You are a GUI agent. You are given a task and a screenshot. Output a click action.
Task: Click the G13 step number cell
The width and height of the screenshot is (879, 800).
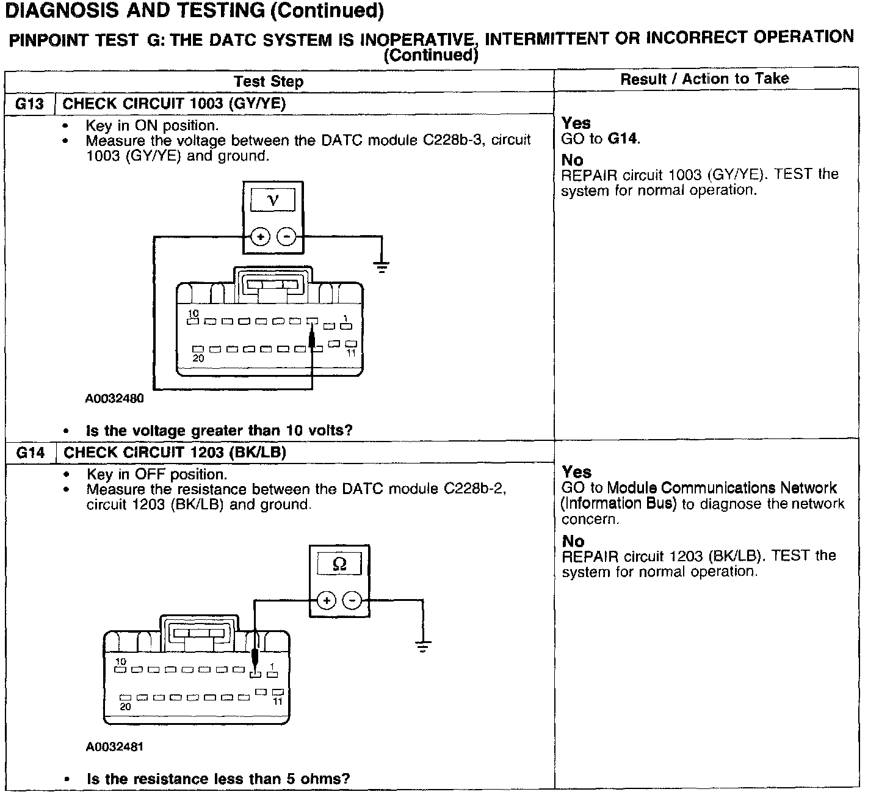coord(30,104)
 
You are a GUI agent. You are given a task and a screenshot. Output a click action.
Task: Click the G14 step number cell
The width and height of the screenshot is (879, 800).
coord(31,453)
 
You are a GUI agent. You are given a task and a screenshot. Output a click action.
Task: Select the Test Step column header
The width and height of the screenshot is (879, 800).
coord(269,81)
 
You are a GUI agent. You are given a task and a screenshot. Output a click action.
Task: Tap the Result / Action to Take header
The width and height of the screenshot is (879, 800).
coord(704,79)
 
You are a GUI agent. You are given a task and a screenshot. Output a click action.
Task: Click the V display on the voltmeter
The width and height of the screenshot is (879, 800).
coord(273,200)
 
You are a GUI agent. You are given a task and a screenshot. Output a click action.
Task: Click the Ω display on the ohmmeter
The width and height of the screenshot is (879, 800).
coord(339,564)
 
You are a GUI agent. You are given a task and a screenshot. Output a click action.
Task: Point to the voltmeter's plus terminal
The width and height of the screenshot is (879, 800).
coord(260,236)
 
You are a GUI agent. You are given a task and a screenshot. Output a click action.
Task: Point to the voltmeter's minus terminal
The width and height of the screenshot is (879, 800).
coord(287,236)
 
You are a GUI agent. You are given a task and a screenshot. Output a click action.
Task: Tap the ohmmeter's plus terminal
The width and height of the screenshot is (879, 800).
coord(327,601)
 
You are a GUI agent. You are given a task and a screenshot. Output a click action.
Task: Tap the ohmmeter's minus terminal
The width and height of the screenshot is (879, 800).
coord(352,601)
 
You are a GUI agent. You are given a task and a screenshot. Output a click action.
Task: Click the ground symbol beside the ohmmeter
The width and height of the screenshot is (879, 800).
coord(422,645)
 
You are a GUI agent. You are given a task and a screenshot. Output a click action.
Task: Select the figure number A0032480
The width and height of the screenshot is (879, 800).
coord(114,399)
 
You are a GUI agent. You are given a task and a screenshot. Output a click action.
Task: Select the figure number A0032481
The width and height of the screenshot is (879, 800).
coord(115,746)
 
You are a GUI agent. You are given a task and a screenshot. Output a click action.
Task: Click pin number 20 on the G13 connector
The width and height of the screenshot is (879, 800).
coord(198,358)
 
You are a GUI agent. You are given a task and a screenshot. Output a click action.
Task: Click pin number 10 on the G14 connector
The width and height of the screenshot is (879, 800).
coord(121,661)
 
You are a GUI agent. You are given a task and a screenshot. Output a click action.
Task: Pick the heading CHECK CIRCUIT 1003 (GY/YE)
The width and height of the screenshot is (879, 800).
coord(174,104)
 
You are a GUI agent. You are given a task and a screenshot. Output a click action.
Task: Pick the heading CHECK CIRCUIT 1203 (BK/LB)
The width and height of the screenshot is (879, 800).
coord(175,453)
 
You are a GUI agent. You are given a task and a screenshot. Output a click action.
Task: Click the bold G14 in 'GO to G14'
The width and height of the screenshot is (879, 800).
coord(623,139)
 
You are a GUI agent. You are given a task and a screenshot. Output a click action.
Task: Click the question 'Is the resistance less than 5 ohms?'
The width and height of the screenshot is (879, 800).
coord(218,779)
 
